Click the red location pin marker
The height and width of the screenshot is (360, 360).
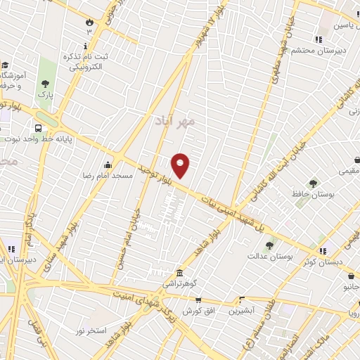181,165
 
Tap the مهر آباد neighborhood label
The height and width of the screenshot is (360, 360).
174,122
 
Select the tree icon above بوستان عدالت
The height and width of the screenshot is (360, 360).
269,246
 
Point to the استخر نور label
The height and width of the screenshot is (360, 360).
91,329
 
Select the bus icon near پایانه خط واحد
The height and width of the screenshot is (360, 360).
37,129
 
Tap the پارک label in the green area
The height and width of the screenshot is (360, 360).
45,92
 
